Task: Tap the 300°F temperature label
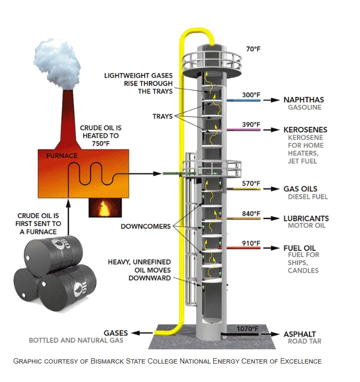point(251,95)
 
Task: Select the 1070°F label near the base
point(248,329)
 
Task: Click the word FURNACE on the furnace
point(62,156)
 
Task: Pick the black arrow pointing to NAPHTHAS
point(273,100)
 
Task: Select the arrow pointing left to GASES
point(143,333)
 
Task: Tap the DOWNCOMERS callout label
point(146,227)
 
